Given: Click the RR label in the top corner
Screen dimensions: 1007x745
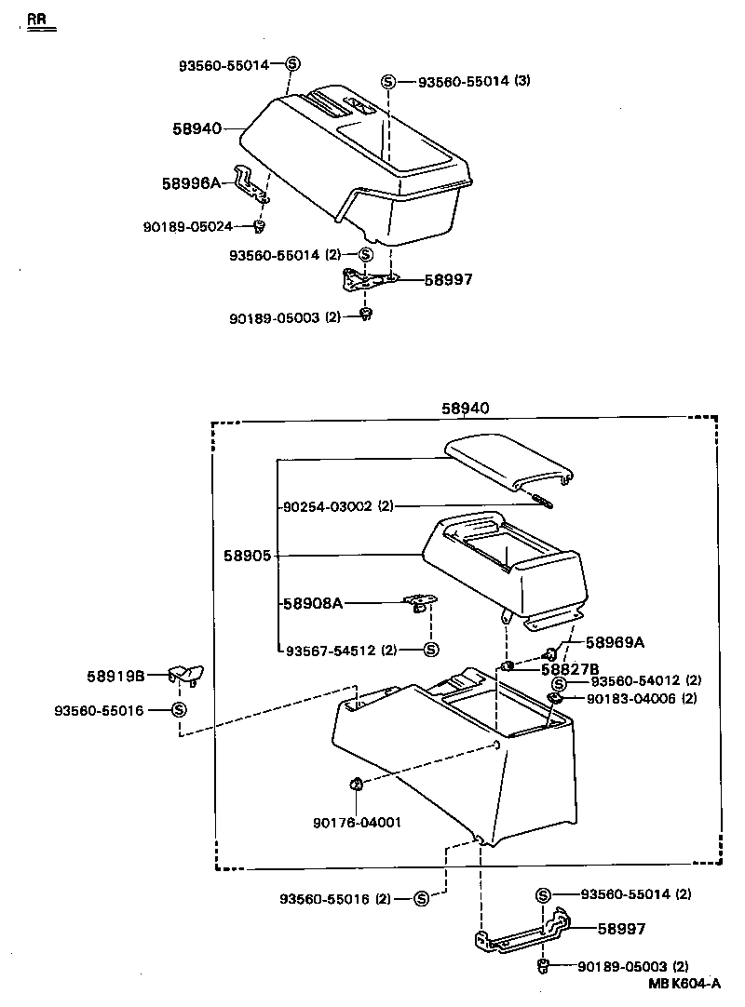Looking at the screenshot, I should [36, 19].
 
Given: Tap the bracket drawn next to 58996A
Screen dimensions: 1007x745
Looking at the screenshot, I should [250, 182].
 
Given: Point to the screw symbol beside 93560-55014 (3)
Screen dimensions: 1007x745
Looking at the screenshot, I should [389, 82].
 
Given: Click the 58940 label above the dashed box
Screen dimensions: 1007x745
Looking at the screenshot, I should [465, 408].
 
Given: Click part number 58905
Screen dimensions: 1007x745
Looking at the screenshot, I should [247, 556].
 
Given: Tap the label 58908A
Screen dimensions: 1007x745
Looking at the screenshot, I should [313, 603].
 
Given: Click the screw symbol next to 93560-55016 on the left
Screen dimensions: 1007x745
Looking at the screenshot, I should [179, 710].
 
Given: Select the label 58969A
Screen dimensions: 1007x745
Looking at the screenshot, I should [615, 642].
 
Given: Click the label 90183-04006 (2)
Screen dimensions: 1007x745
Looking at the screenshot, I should [643, 698].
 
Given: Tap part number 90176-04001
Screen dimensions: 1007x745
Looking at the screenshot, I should [358, 822].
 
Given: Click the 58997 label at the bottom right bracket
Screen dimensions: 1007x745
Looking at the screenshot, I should [621, 929].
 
